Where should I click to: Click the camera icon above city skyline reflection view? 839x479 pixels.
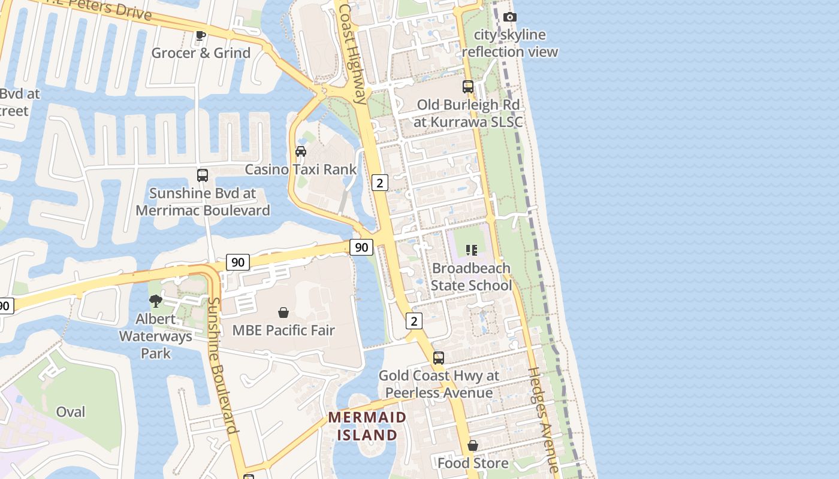(x=510, y=17)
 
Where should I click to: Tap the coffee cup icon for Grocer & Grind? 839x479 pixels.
(x=201, y=36)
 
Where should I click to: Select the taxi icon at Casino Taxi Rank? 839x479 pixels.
(x=301, y=151)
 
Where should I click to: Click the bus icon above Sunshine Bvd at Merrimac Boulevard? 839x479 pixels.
(x=203, y=175)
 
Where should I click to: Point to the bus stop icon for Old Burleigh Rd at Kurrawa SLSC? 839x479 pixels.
(x=468, y=87)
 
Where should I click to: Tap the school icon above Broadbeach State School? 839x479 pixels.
(x=471, y=250)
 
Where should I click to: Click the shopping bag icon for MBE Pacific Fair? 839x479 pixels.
(x=283, y=313)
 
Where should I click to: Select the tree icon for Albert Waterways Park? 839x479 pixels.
(x=156, y=301)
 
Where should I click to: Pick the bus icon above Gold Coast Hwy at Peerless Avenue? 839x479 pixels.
(x=439, y=358)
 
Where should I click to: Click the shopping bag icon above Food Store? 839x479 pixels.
(x=473, y=446)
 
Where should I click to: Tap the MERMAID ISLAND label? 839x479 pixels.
(x=367, y=426)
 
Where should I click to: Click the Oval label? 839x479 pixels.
(x=71, y=412)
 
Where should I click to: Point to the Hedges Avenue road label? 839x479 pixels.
(x=543, y=419)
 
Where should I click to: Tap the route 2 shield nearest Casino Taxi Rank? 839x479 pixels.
(x=379, y=182)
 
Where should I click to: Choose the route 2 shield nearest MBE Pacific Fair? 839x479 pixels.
(x=414, y=321)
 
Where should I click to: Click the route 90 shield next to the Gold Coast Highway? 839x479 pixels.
(x=361, y=247)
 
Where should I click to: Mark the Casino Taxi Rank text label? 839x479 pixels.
(x=301, y=169)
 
